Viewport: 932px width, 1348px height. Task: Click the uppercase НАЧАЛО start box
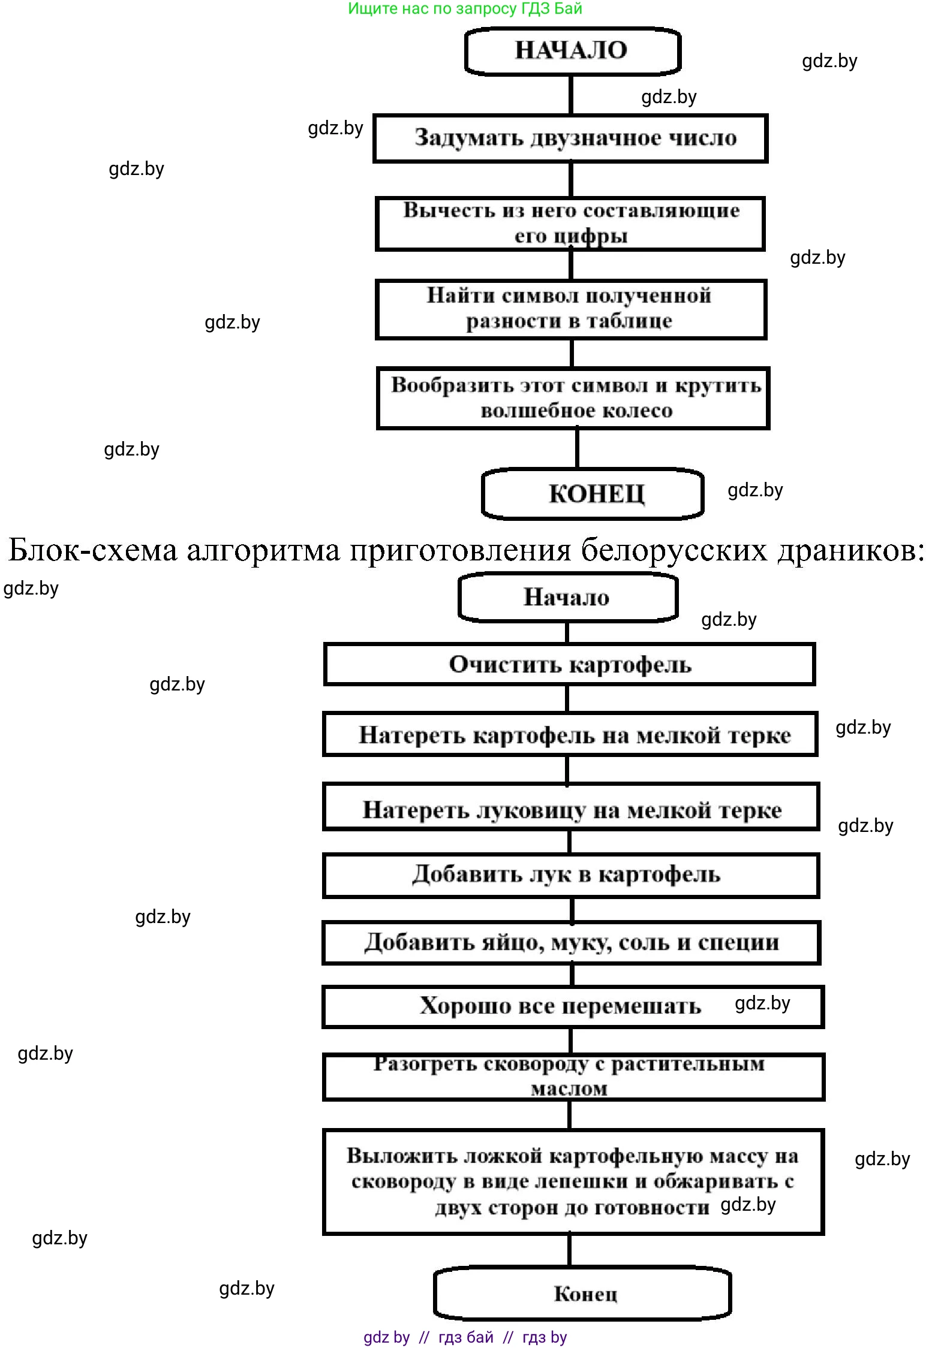[x=572, y=50]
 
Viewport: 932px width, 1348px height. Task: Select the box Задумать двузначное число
[x=570, y=138]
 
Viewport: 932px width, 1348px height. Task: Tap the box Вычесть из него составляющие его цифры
[x=570, y=223]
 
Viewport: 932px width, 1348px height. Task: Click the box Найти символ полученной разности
[x=570, y=309]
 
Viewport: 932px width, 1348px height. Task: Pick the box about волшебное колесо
[x=573, y=398]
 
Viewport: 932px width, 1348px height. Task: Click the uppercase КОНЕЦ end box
[x=593, y=494]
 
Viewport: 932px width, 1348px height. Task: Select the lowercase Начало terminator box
[x=567, y=597]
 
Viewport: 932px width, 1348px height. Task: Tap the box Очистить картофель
[x=569, y=664]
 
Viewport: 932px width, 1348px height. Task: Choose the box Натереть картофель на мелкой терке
[x=570, y=734]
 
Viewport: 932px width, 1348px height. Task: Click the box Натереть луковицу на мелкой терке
[x=571, y=807]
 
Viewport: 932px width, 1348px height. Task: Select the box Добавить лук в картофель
[x=571, y=876]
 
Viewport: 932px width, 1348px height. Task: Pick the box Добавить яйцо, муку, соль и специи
[x=571, y=943]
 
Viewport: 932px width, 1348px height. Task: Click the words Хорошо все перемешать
[x=560, y=1006]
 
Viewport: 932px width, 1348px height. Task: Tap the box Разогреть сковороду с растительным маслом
[x=573, y=1077]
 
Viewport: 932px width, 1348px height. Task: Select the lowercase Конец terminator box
[x=582, y=1293]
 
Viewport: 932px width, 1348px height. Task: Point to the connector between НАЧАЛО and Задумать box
[x=570, y=95]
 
